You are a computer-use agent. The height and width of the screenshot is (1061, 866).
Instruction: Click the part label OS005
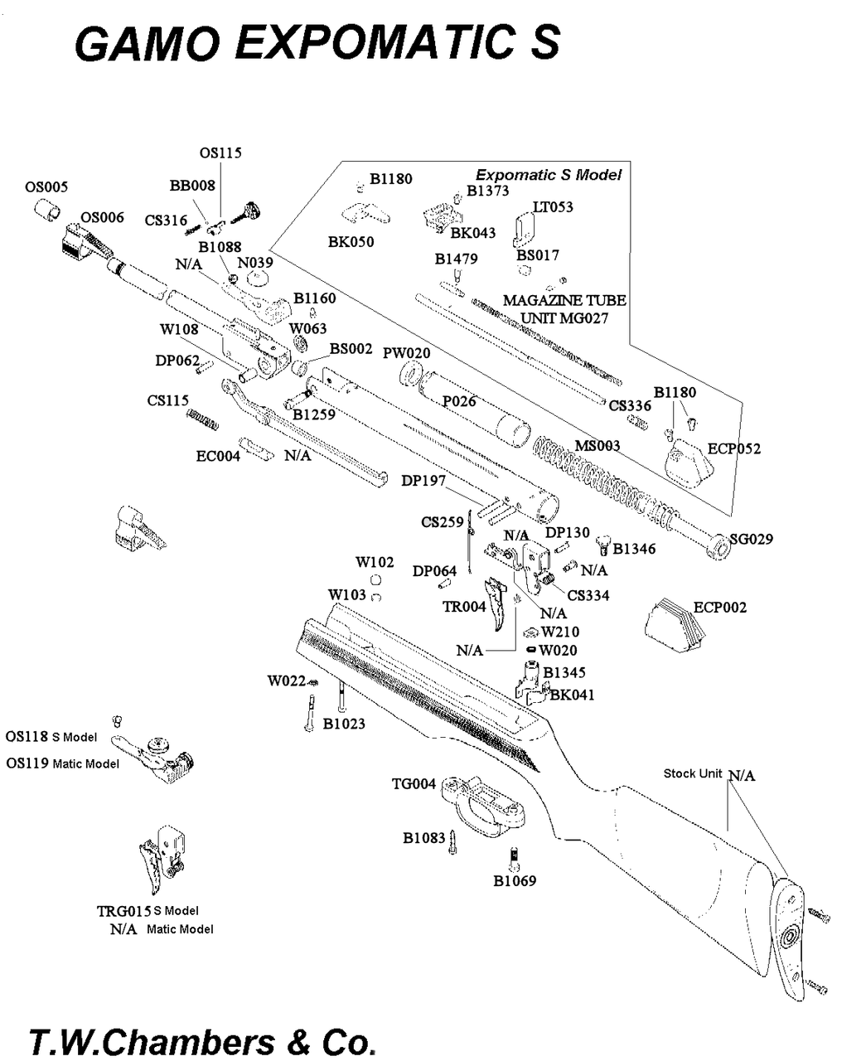pyautogui.click(x=46, y=187)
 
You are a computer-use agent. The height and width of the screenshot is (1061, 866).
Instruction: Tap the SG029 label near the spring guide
pyautogui.click(x=751, y=539)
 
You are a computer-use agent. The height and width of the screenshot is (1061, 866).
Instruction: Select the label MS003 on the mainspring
pyautogui.click(x=597, y=446)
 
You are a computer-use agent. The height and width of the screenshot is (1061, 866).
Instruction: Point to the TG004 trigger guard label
pyautogui.click(x=414, y=783)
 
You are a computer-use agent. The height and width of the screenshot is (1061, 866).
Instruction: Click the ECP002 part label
pyautogui.click(x=719, y=607)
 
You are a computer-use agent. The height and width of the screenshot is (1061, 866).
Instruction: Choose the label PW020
pyautogui.click(x=406, y=353)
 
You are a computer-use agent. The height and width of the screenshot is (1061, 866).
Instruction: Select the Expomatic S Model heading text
pyautogui.click(x=548, y=175)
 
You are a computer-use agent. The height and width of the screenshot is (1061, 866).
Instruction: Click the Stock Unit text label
pyautogui.click(x=693, y=773)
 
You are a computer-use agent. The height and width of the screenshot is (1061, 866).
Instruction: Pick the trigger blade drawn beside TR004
pyautogui.click(x=501, y=603)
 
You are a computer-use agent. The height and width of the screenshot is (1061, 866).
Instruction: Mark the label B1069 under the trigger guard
pyautogui.click(x=515, y=880)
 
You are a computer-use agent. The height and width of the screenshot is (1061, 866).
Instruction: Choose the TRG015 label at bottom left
pyautogui.click(x=123, y=911)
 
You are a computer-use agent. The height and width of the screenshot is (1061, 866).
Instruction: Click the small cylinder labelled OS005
pyautogui.click(x=48, y=211)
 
